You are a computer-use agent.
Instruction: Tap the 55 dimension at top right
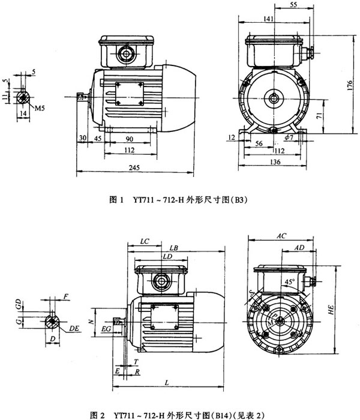point(293,5)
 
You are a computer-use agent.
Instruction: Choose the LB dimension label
point(173,247)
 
